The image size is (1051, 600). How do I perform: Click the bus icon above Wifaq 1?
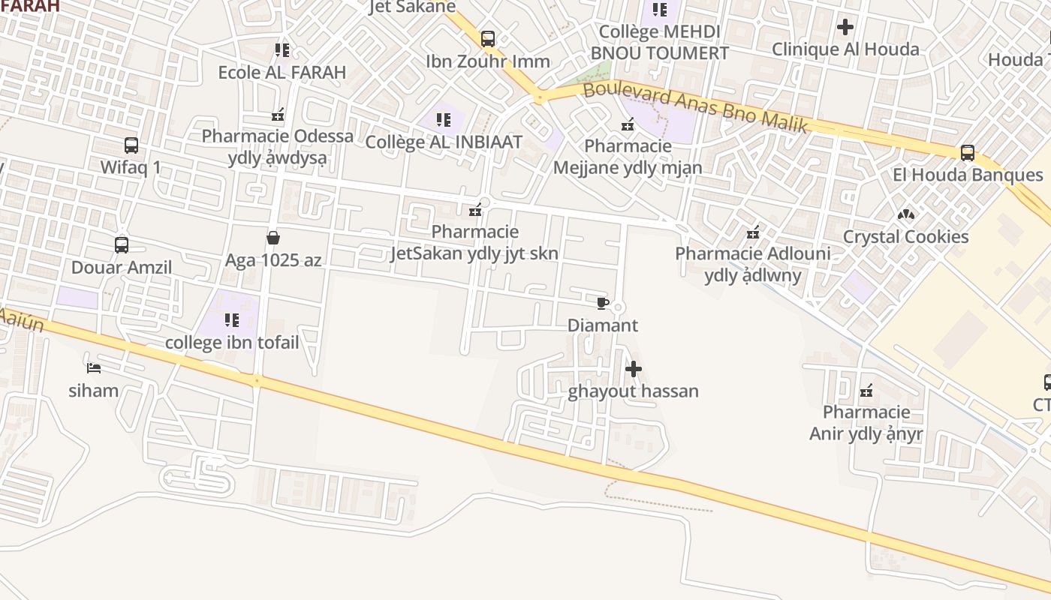[131, 145]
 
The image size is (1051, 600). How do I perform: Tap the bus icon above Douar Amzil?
[122, 244]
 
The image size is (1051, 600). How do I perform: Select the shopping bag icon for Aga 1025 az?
[273, 238]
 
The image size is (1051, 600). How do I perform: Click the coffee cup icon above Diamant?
[602, 303]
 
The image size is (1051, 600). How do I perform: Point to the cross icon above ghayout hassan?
[634, 369]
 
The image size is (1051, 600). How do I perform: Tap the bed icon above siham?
[94, 367]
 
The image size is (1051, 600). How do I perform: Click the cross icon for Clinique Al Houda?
[845, 27]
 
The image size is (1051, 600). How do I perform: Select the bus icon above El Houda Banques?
[968, 153]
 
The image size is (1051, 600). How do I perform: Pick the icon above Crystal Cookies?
[906, 214]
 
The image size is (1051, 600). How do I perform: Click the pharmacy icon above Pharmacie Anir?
[866, 390]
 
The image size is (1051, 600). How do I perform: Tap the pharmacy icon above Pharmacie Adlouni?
[753, 232]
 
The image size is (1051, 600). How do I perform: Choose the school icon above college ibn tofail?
[232, 320]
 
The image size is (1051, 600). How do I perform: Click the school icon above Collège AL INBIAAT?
[444, 119]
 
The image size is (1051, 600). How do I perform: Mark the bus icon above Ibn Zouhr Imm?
[488, 38]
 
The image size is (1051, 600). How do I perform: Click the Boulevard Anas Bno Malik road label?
[695, 107]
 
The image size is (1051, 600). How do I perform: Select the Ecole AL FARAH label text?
[282, 73]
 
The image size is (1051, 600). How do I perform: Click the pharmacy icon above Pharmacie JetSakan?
[474, 210]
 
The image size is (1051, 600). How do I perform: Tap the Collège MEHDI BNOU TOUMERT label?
[659, 42]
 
